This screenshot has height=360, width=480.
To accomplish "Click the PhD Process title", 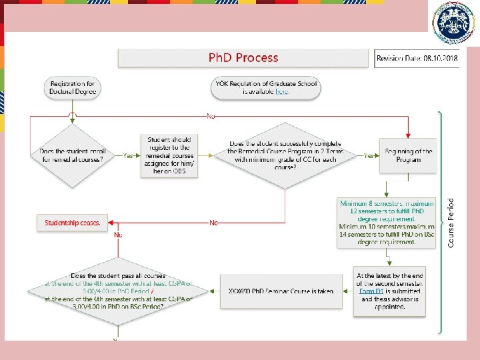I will [x=243, y=58].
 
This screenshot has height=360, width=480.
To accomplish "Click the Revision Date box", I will [x=417, y=59].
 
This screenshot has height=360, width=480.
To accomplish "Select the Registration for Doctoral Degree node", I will [x=73, y=87].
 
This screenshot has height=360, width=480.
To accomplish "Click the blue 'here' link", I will [x=283, y=92].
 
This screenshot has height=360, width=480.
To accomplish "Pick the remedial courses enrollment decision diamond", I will [x=73, y=155].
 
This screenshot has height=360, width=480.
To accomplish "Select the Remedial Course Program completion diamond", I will [x=285, y=155].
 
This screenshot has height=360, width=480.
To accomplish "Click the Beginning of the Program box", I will [x=408, y=155].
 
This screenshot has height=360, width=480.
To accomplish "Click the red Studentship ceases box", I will [x=73, y=223].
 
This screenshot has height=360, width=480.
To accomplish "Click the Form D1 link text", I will [x=371, y=291].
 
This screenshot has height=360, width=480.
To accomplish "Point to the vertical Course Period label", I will [x=451, y=223].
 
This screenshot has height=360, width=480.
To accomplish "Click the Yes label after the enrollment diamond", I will [x=128, y=155].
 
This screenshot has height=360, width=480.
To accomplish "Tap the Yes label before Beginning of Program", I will [x=368, y=155].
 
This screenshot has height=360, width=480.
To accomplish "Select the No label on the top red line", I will [x=211, y=116].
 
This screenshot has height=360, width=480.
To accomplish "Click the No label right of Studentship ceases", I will [x=213, y=223].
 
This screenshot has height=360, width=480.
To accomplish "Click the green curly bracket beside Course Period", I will [x=439, y=223].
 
